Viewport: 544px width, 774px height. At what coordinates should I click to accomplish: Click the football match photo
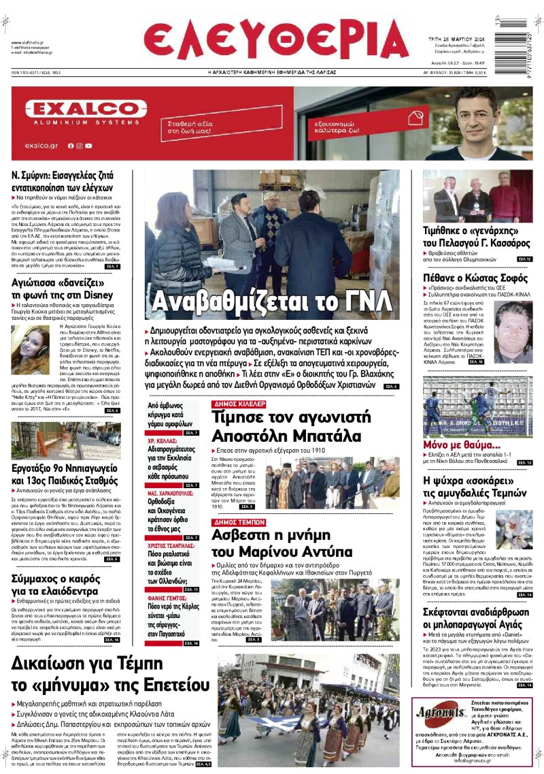tap(478, 406)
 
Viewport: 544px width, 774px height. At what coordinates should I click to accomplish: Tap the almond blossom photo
tap(514, 531)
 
